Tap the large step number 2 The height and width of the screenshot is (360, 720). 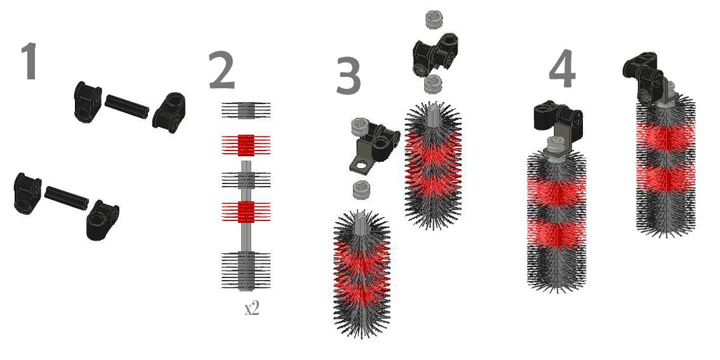[x=222, y=70]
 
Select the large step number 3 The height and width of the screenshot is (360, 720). [x=349, y=76]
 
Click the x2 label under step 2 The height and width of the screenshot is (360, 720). [x=251, y=308]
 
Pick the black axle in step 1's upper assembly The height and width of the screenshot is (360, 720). [x=127, y=105]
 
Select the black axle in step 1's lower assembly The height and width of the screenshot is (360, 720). [x=66, y=198]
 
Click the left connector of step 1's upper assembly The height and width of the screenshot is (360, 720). [x=88, y=102]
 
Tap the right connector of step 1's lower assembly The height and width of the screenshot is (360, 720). [x=102, y=220]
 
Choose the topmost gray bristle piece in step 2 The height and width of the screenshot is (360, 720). [x=246, y=110]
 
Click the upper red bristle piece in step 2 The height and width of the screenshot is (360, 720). [x=246, y=144]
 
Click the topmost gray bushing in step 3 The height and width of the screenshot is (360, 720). [x=434, y=19]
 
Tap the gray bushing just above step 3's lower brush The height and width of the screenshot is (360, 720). [x=362, y=190]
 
